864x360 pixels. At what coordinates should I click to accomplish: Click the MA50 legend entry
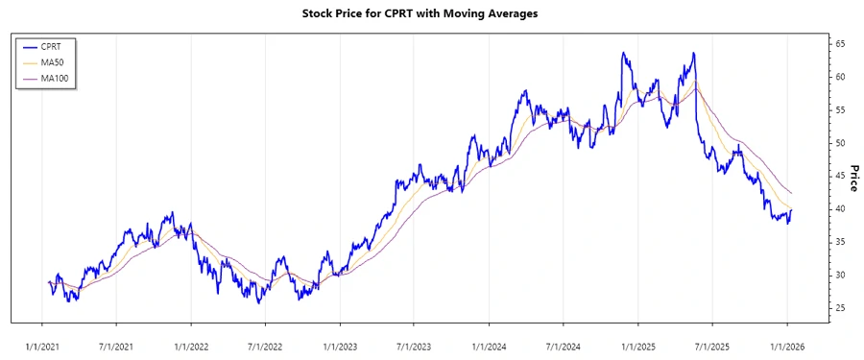point(65,62)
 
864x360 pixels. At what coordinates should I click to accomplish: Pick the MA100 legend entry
point(67,78)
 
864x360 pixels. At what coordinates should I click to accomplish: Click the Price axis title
point(852,177)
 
